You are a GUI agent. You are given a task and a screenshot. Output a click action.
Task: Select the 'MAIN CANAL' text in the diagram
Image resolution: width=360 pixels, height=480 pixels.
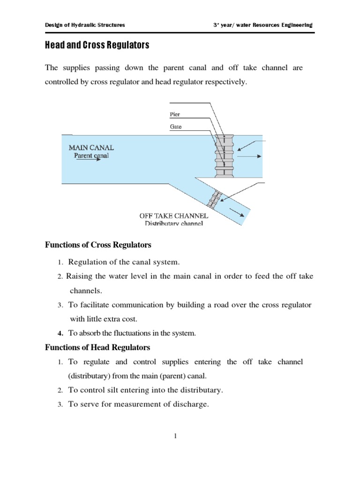pyautogui.click(x=91, y=148)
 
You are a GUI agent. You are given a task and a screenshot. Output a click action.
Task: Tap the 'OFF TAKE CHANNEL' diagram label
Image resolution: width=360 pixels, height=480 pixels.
pyautogui.click(x=173, y=216)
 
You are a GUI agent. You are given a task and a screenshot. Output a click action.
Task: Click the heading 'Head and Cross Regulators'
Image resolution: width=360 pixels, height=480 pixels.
pyautogui.click(x=97, y=45)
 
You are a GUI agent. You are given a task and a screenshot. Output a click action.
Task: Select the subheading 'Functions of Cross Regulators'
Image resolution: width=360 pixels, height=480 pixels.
pyautogui.click(x=98, y=245)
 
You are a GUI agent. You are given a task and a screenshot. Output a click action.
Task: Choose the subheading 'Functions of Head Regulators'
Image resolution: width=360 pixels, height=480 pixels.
pyautogui.click(x=97, y=347)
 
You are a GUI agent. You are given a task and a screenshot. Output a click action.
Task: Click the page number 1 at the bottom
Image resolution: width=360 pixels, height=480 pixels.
pyautogui.click(x=175, y=436)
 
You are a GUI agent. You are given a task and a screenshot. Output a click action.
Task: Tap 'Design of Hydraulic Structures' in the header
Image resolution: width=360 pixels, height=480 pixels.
pyautogui.click(x=85, y=25)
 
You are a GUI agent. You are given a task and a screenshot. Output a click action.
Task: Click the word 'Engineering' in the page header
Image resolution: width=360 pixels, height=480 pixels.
pyautogui.click(x=295, y=25)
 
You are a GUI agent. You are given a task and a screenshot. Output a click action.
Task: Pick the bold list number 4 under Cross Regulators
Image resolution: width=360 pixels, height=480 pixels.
pyautogui.click(x=60, y=333)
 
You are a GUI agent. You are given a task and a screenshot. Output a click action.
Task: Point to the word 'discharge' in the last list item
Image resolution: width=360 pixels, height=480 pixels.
pyautogui.click(x=190, y=404)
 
